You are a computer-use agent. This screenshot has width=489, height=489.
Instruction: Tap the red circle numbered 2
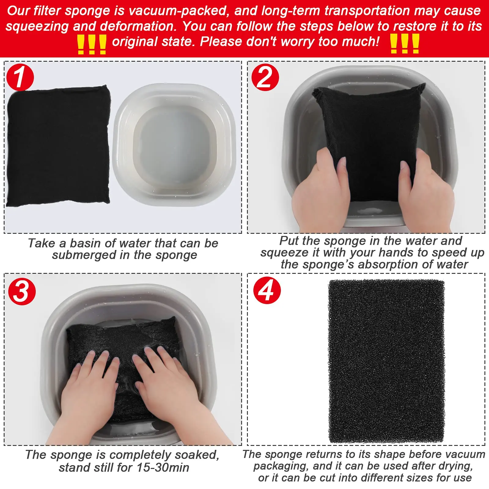coord(265,77)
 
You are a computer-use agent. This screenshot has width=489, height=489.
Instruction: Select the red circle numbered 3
coord(22,291)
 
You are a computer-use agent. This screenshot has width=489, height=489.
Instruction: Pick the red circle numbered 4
coord(267,290)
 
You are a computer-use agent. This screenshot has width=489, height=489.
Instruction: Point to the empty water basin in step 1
coord(174,145)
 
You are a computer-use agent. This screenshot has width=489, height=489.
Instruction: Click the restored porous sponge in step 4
coord(386,361)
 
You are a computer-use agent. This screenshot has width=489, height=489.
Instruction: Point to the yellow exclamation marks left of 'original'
coord(91,44)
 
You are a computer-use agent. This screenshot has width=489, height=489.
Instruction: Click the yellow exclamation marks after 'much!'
coord(405,44)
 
